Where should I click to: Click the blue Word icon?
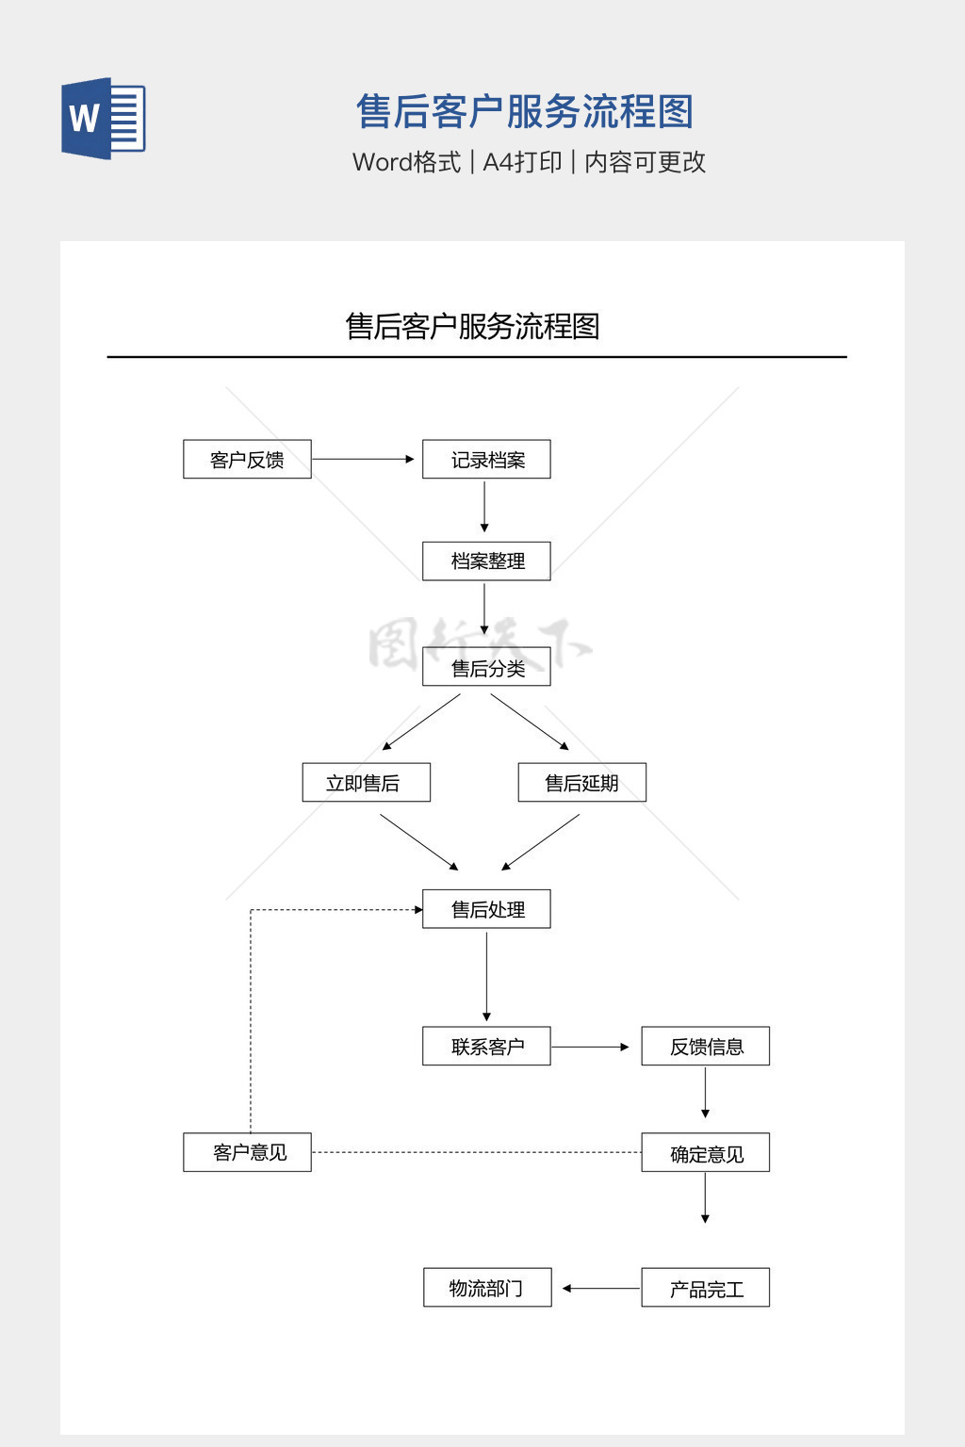tap(103, 119)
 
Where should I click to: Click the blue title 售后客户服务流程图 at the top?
tap(525, 112)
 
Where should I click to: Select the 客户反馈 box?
tap(247, 460)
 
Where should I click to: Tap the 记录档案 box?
tap(486, 460)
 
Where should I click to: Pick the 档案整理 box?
tap(486, 561)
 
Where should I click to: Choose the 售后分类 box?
tap(486, 668)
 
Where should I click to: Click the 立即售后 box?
tap(366, 783)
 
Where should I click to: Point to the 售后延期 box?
tap(581, 783)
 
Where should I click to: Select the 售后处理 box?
tap(486, 909)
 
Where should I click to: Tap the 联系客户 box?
tap(486, 1047)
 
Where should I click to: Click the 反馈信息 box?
tap(705, 1047)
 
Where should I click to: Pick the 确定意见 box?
tap(705, 1153)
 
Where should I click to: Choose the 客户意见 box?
tap(247, 1152)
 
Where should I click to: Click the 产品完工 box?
tap(705, 1288)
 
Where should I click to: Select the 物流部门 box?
tap(486, 1288)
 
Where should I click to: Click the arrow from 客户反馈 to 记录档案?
tap(363, 460)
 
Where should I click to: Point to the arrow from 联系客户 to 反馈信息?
tap(590, 1047)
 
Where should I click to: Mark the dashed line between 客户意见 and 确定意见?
tap(476, 1152)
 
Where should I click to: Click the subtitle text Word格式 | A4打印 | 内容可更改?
tap(529, 162)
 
